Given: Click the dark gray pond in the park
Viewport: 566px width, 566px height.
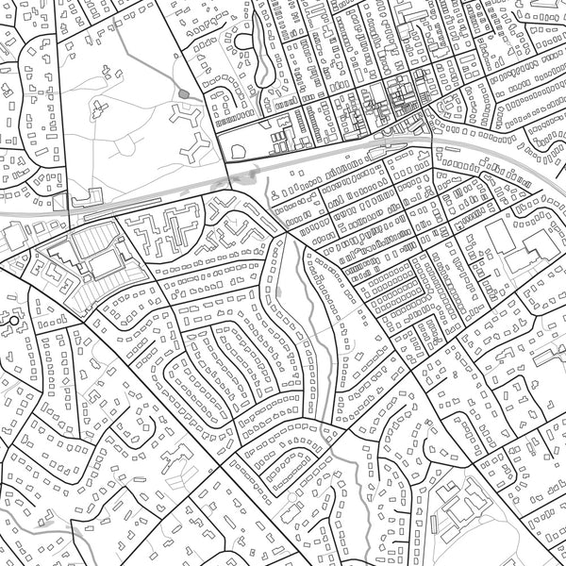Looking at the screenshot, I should (x=181, y=93).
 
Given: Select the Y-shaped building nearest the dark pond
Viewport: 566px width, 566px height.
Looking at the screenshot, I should (x=186, y=118).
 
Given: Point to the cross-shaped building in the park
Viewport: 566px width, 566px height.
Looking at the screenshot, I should (x=98, y=109).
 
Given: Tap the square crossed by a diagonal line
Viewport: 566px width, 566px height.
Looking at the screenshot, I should (x=59, y=203).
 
